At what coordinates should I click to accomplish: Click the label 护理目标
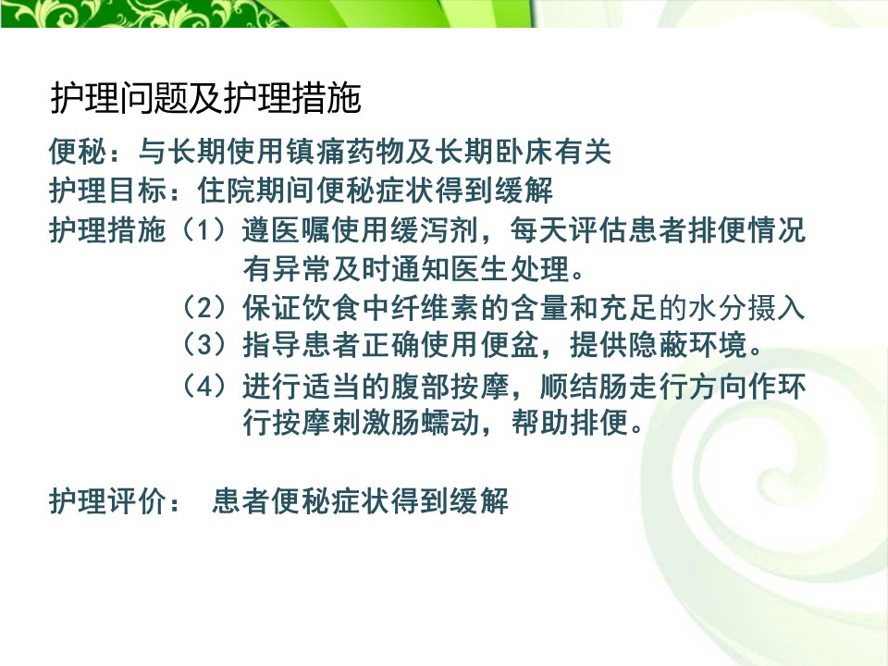point(108,190)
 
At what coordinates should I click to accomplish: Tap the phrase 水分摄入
point(747,307)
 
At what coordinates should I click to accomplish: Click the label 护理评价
point(108,501)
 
